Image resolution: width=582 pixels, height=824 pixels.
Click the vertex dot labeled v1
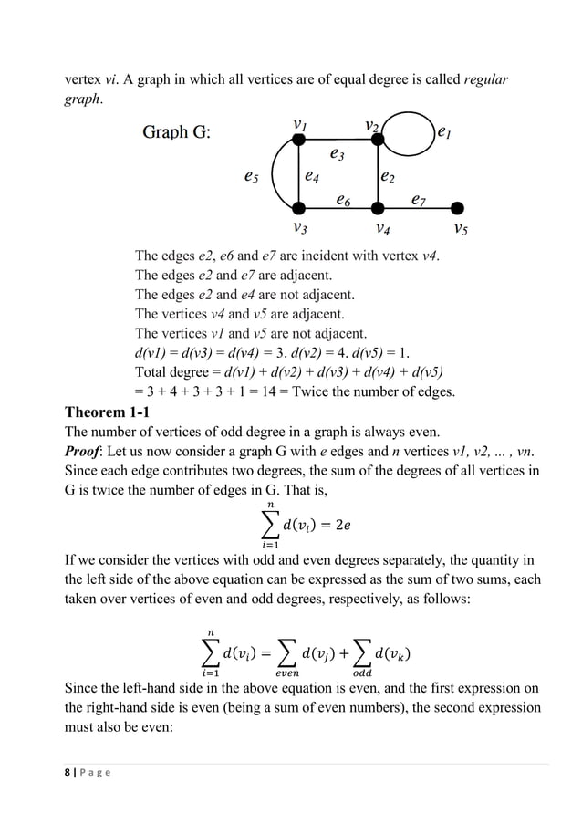coord(298,140)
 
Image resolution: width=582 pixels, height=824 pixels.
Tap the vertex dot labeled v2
coord(376,140)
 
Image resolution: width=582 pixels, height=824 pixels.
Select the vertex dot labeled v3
coord(298,206)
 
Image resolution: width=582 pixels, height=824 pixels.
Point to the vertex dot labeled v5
coord(457,206)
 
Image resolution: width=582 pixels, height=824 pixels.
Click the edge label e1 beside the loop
coord(444,133)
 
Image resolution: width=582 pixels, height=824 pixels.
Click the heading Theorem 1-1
coord(105,412)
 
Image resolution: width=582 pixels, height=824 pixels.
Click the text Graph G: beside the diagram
coord(176,132)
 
